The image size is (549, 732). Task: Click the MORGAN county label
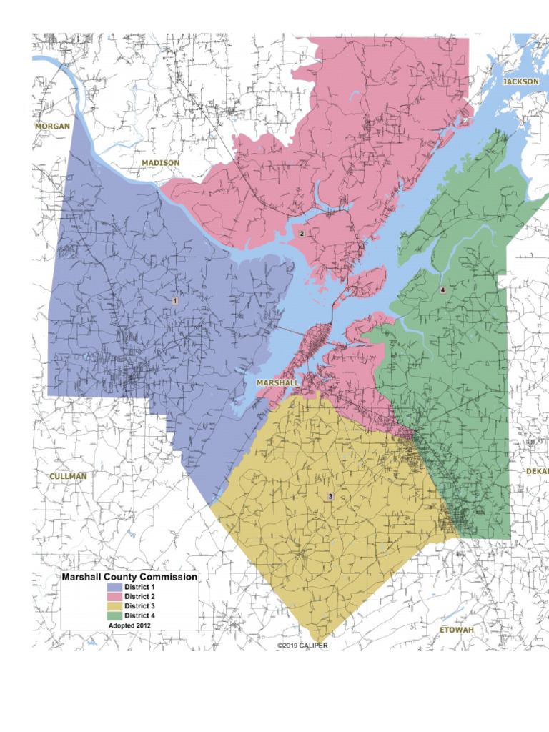point(53,127)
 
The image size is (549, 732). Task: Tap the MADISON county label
point(160,163)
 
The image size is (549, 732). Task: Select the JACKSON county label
point(520,81)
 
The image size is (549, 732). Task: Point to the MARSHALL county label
point(277,383)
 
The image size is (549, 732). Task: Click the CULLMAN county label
point(68,476)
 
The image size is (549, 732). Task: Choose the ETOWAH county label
point(456,630)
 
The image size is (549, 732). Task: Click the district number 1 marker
point(174,301)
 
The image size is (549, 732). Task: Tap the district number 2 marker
point(302,234)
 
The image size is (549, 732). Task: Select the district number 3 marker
point(330,496)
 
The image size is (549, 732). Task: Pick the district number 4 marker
point(442,290)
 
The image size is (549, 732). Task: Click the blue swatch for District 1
point(114,587)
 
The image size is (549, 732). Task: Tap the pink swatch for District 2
point(114,596)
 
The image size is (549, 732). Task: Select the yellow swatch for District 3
point(114,605)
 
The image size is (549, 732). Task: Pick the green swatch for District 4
point(114,615)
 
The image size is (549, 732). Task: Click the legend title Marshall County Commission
point(129,576)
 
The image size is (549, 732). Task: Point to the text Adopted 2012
point(129,625)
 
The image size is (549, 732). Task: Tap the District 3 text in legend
point(140,605)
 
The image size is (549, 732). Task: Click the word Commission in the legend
point(168,576)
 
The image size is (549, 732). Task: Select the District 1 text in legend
point(140,587)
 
